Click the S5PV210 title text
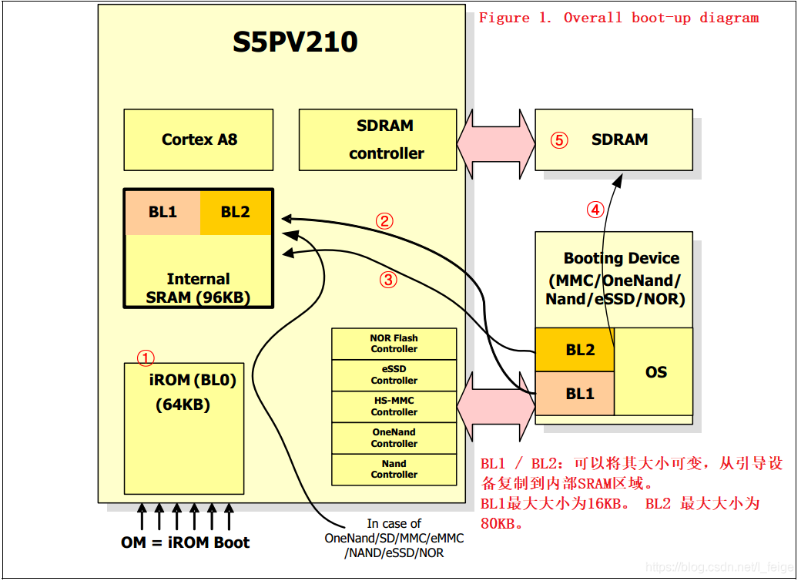click(x=295, y=42)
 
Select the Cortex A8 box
click(x=199, y=139)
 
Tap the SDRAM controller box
click(x=385, y=139)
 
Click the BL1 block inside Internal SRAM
click(x=163, y=212)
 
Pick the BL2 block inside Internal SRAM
click(x=235, y=212)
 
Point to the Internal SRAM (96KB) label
click(x=198, y=288)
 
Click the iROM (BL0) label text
click(x=193, y=380)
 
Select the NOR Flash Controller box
click(x=394, y=344)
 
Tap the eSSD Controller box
click(x=394, y=375)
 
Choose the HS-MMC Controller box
click(x=394, y=407)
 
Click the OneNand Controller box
click(x=394, y=438)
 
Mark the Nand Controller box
click(x=394, y=469)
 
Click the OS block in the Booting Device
click(x=655, y=372)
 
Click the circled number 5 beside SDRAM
click(x=559, y=140)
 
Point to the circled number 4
click(x=595, y=209)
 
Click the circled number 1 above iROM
click(x=146, y=358)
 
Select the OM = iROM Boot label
click(x=185, y=542)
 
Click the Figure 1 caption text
click(x=618, y=18)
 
